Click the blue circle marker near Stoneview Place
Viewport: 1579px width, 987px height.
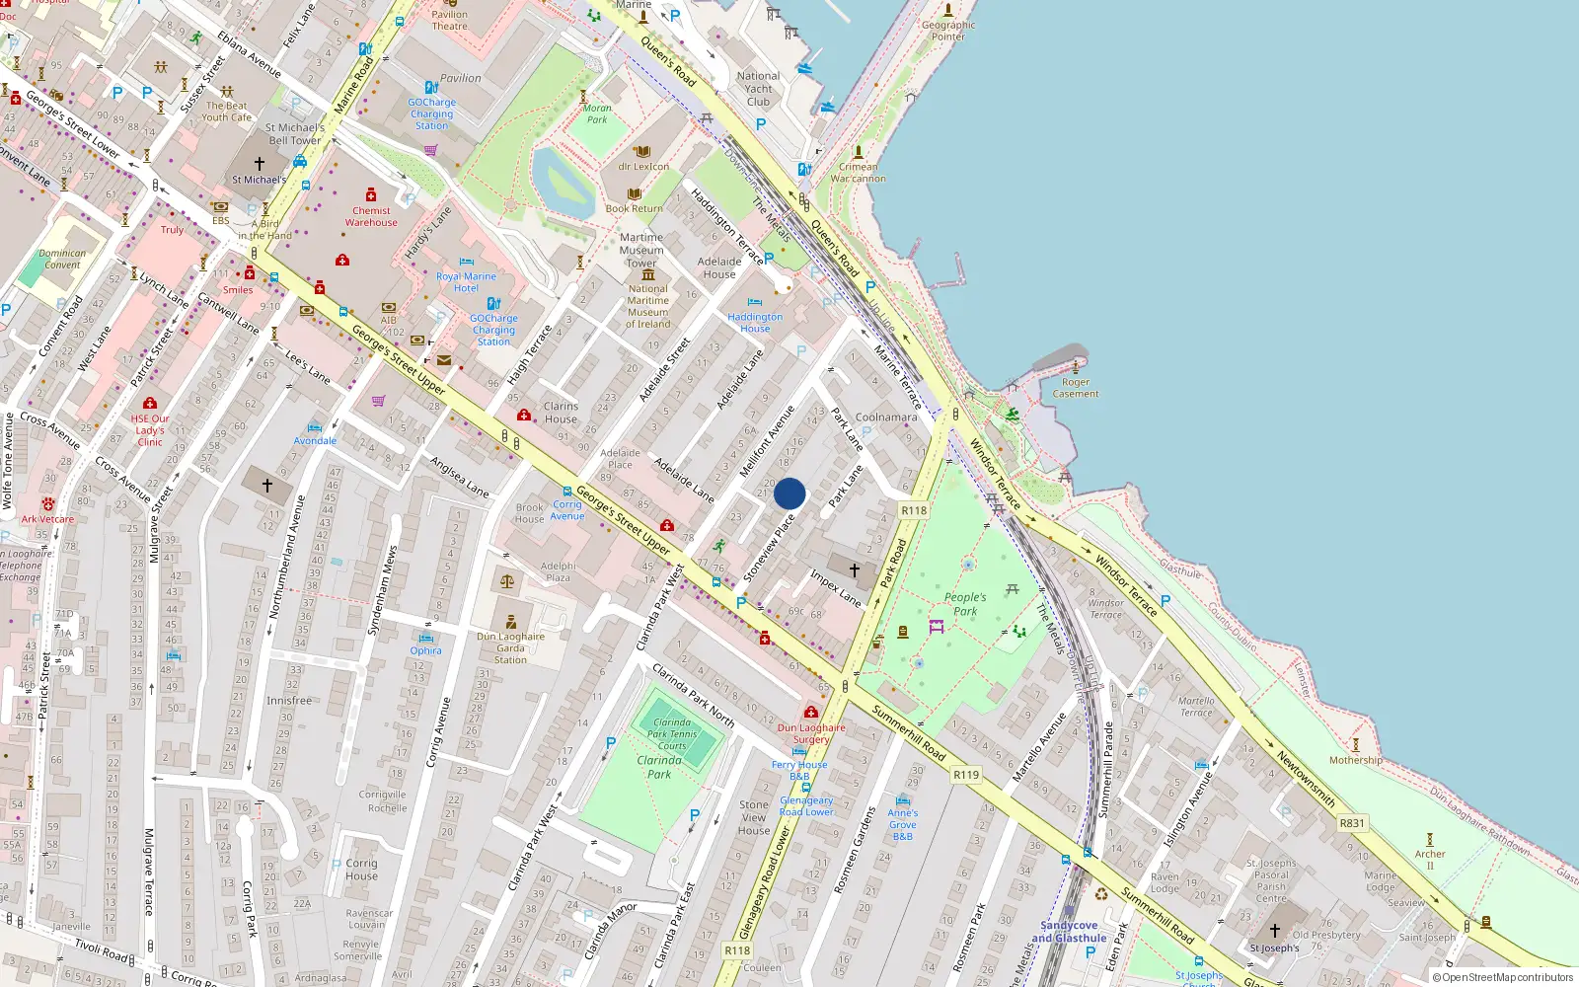(789, 493)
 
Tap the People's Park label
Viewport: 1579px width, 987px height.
(965, 604)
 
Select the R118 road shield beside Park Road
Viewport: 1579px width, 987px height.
(914, 510)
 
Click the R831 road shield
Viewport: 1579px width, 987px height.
(1352, 823)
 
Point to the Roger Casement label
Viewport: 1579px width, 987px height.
(1076, 388)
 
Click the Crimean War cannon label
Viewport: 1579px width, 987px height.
(858, 173)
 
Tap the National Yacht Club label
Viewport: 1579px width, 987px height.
(758, 89)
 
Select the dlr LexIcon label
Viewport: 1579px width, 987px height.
(643, 167)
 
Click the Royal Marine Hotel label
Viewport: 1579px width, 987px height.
(466, 282)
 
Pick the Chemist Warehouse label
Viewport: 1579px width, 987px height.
(371, 216)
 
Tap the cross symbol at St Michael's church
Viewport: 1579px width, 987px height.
(260, 164)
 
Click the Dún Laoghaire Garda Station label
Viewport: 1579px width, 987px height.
(510, 647)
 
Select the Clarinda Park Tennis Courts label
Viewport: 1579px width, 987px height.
(672, 734)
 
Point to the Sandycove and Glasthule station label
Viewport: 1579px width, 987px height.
(1069, 932)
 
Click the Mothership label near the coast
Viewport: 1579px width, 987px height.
(1355, 760)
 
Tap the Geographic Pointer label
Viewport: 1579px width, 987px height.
(948, 31)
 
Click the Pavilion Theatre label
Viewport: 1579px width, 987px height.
(449, 20)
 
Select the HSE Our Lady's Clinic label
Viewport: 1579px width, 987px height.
(150, 430)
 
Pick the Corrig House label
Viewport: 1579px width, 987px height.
(361, 870)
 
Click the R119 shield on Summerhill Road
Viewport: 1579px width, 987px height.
(966, 775)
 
